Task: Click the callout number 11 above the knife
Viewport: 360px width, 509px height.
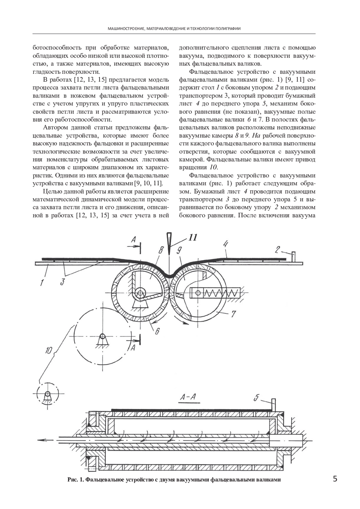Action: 192,238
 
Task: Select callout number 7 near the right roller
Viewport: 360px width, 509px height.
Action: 233,314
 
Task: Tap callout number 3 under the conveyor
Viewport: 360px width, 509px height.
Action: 62,282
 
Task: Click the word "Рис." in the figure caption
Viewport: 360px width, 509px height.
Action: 73,480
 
